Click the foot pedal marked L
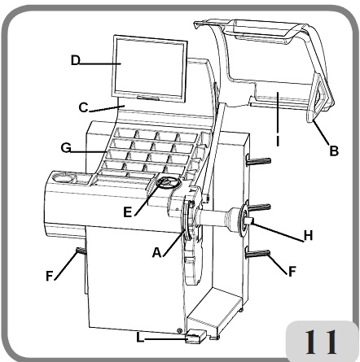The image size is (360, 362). click(x=198, y=335)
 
